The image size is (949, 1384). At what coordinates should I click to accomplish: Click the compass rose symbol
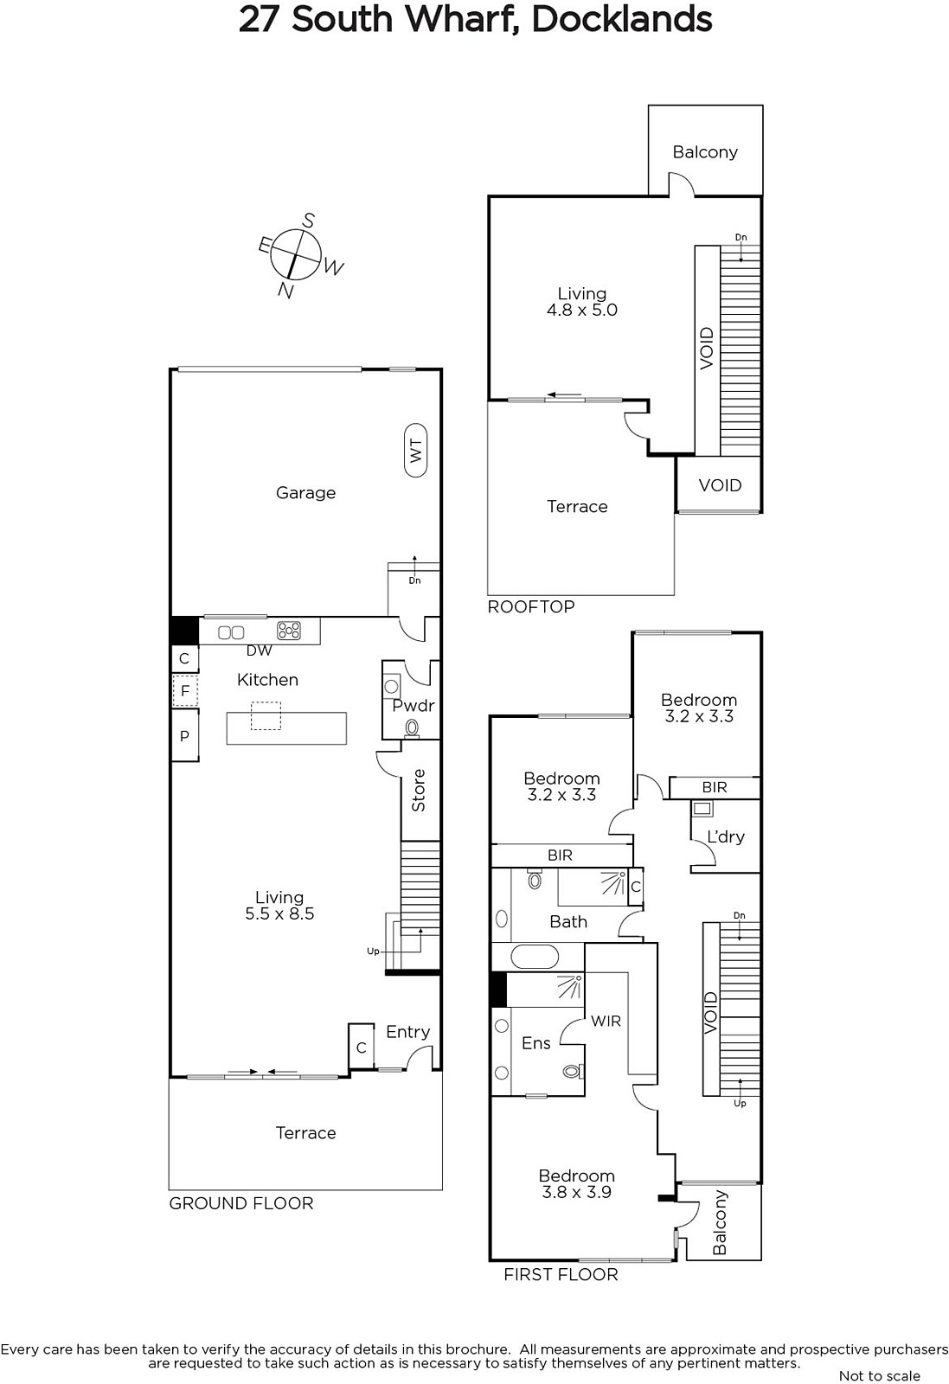click(295, 253)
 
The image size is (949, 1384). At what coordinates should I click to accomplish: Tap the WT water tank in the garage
click(416, 450)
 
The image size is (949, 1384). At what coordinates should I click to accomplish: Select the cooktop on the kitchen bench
click(289, 631)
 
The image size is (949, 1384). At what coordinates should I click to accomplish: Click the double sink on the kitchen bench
click(231, 632)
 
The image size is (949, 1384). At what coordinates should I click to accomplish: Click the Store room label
click(419, 790)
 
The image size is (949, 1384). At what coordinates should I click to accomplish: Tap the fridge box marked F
click(185, 691)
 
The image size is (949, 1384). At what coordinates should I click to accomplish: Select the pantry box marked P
click(185, 735)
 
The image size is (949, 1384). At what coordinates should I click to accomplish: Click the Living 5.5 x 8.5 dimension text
click(279, 914)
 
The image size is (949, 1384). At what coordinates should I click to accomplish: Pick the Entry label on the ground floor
click(407, 1032)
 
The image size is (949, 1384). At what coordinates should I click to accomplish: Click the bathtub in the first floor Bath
click(535, 957)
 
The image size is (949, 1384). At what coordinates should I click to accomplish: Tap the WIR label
click(606, 1022)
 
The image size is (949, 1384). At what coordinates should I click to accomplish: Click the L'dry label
click(725, 837)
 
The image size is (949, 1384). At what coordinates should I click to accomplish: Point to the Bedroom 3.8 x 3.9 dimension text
click(576, 1193)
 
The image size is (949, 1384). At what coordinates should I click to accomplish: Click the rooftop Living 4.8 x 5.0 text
click(582, 302)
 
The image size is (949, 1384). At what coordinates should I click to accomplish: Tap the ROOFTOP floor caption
click(530, 606)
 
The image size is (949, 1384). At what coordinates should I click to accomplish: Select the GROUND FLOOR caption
click(241, 1203)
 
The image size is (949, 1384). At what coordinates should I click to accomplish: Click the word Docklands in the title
click(621, 19)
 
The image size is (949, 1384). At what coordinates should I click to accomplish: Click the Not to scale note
click(879, 1376)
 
